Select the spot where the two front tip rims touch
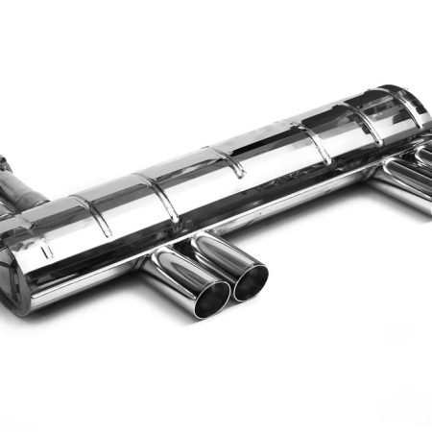tap(229, 288)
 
